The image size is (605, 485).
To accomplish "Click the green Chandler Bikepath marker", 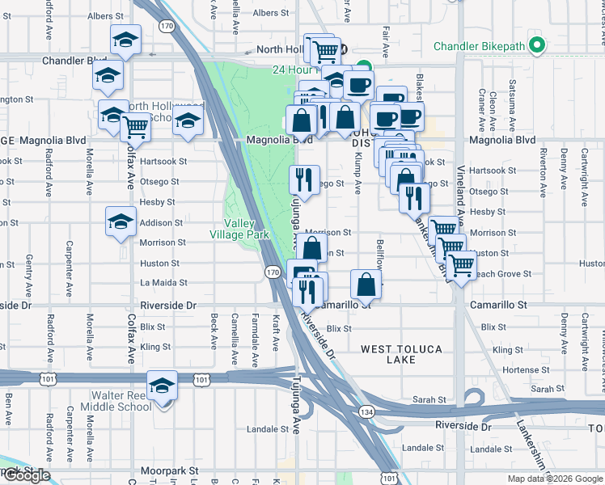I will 535,46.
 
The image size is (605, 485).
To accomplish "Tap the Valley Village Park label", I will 245,229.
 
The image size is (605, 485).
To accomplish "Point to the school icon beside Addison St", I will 121,221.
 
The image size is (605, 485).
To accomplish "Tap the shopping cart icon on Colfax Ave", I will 135,126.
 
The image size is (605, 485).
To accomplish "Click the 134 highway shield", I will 357,412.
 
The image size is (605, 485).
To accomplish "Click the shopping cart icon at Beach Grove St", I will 461,264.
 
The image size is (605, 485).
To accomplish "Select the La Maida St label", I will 163,283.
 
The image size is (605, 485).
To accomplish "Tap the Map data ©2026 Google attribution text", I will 554,479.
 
